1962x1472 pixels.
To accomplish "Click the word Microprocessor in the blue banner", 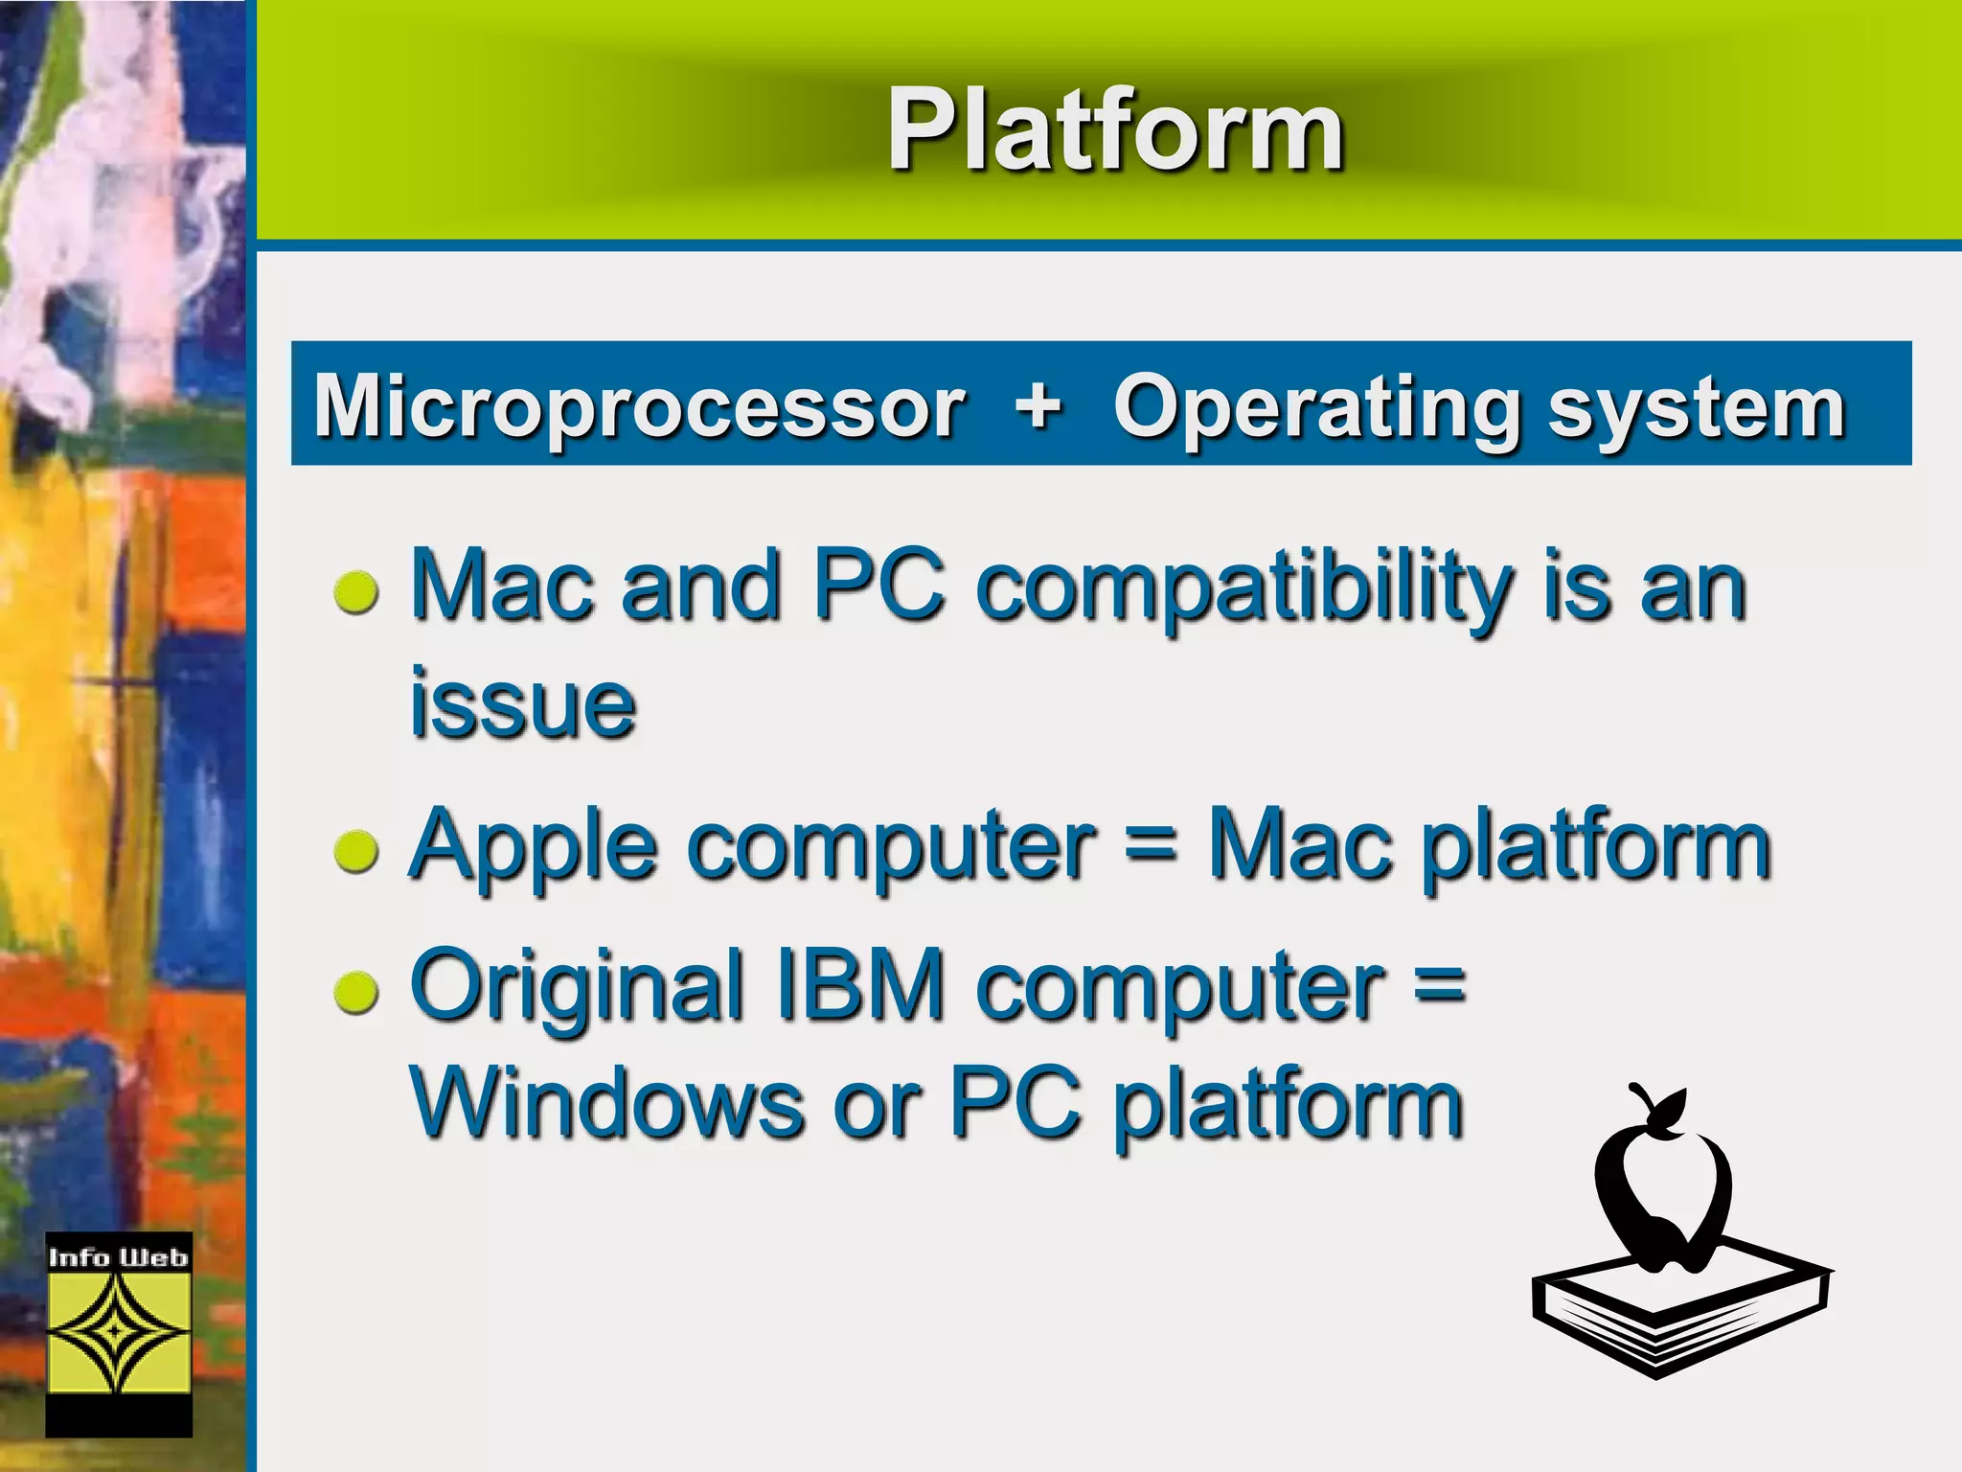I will point(639,407).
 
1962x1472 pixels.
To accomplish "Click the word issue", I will point(522,704).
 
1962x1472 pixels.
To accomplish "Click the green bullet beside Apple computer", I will point(357,850).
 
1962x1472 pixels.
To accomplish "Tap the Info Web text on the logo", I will point(119,1257).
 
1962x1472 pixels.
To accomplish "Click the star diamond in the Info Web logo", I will point(118,1332).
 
